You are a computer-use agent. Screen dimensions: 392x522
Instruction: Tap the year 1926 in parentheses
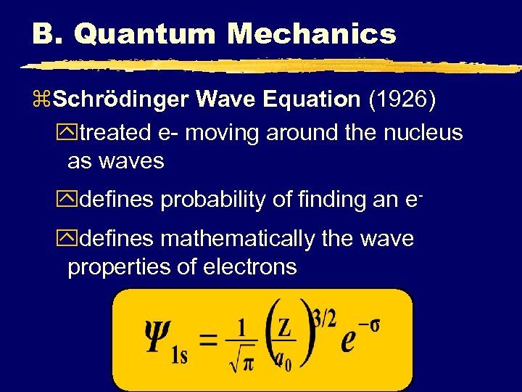tap(402, 99)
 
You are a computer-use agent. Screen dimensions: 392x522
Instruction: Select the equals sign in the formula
tap(209, 338)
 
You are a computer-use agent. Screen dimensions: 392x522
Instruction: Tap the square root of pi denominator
tap(242, 360)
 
